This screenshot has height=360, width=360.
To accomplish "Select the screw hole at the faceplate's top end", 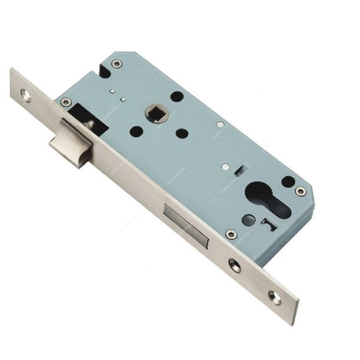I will [27, 94].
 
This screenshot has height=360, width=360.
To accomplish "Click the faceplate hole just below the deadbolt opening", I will [235, 264].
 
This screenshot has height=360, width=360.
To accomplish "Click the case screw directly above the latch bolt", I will [66, 102].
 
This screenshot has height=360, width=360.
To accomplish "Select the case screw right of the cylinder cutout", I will [300, 191].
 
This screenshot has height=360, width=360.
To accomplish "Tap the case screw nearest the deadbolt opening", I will [230, 234].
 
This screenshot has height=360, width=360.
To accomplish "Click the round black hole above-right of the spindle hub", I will [176, 96].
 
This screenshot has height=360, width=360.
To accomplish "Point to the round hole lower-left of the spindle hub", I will [136, 132].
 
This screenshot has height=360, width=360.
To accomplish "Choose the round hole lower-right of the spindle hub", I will [182, 133].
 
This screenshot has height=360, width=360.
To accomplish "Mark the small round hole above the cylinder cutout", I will [288, 181].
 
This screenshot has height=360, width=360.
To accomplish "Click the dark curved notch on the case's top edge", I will [104, 71].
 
